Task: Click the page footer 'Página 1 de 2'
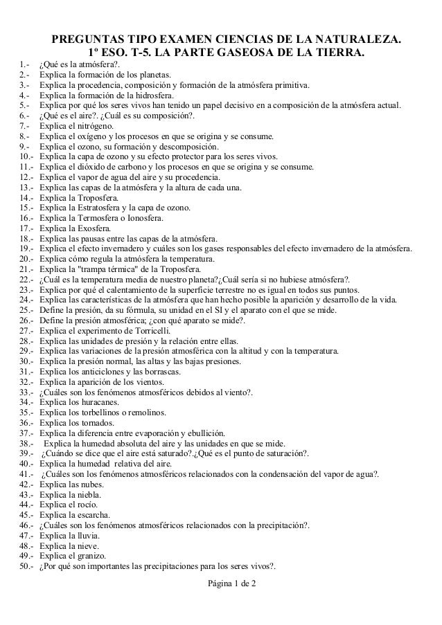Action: click(227, 585)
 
